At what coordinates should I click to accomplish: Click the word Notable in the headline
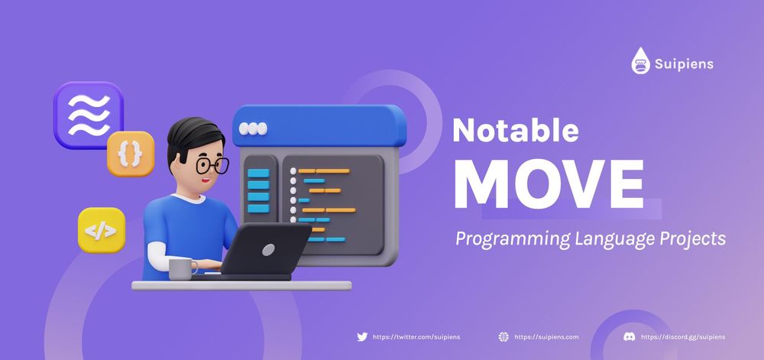[x=515, y=131]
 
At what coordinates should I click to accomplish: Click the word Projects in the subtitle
[x=687, y=239]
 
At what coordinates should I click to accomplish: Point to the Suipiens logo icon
[x=640, y=61]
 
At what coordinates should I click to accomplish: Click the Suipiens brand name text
[x=684, y=64]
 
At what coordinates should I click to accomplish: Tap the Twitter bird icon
[x=362, y=336]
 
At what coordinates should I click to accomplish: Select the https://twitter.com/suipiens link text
[x=416, y=336]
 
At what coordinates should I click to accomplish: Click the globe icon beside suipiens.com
[x=503, y=336]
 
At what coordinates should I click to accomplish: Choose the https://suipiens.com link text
[x=546, y=336]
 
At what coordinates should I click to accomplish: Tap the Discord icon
[x=629, y=336]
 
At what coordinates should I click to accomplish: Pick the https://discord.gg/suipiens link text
[x=683, y=336]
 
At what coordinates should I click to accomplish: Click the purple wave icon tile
[x=89, y=115]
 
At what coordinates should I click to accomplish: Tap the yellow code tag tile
[x=102, y=229]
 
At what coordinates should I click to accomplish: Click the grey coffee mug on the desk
[x=180, y=268]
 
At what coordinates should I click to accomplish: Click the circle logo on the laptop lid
[x=268, y=250]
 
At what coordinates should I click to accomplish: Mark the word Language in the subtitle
[x=611, y=239]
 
